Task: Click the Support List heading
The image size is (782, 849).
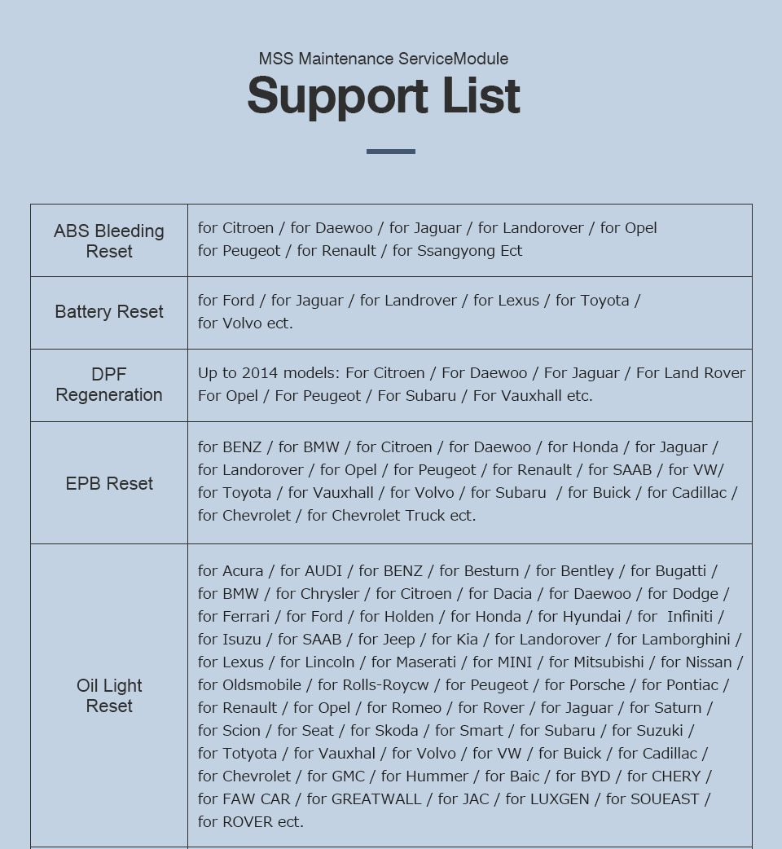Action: pyautogui.click(x=384, y=96)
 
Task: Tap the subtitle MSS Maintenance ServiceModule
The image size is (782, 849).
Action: pyautogui.click(x=384, y=59)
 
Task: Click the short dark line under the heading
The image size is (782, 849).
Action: pyautogui.click(x=391, y=152)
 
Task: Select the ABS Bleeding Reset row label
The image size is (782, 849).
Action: pyautogui.click(x=109, y=241)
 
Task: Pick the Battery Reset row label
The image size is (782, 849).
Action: pyautogui.click(x=109, y=312)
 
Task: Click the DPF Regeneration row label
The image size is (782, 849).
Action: pyautogui.click(x=109, y=385)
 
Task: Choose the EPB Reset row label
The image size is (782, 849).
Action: pyautogui.click(x=109, y=484)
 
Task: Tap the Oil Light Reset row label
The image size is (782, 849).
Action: pyautogui.click(x=109, y=696)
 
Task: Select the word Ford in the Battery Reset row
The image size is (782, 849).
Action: pyautogui.click(x=238, y=301)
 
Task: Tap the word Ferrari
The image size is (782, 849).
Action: pyautogui.click(x=245, y=617)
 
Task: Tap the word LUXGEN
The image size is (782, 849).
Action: pyautogui.click(x=559, y=799)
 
